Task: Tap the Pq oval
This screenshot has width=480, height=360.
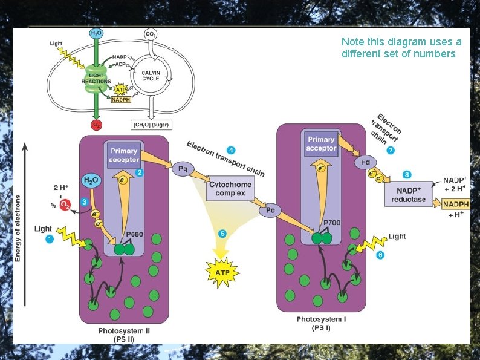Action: click(181, 169)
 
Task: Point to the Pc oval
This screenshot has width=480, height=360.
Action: click(270, 210)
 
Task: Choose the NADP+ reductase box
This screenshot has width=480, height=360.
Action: click(409, 194)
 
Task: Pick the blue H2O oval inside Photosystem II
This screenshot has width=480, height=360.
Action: click(91, 180)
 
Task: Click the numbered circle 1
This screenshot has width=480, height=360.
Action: click(50, 240)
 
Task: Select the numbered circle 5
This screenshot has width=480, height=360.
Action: click(222, 233)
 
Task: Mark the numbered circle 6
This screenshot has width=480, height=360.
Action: click(380, 256)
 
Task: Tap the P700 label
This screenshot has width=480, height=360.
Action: click(332, 223)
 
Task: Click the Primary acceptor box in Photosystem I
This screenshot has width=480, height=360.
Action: click(321, 144)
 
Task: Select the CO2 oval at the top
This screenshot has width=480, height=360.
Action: click(151, 34)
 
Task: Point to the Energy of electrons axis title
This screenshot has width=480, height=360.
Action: click(18, 228)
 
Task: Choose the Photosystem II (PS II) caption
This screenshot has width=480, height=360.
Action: click(122, 335)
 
